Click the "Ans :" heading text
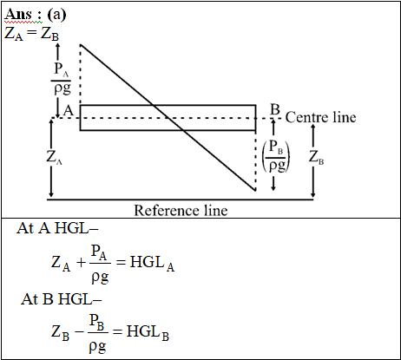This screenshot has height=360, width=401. point(23,14)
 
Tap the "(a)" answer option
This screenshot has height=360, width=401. point(56,14)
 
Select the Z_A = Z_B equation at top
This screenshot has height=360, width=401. point(31,34)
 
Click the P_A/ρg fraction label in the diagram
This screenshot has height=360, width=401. point(62,78)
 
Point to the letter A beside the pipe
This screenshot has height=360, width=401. point(69,110)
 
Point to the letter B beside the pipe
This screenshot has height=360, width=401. point(275,109)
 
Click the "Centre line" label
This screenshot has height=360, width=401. point(320,117)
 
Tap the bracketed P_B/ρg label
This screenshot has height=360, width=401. point(276,156)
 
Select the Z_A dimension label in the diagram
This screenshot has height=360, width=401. point(54,157)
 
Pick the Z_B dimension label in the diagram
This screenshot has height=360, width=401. point(316,157)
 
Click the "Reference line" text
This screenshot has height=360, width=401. point(181,210)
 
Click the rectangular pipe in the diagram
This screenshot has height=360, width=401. point(168,105)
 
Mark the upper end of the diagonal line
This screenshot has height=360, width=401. point(81,45)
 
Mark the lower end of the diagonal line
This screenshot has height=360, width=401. point(255,191)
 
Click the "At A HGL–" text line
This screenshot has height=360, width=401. point(57,228)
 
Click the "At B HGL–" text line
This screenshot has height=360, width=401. point(62,298)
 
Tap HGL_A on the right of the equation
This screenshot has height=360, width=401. point(152,263)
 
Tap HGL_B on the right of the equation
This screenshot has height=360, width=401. point(148,332)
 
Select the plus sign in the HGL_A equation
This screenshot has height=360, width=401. point(82,263)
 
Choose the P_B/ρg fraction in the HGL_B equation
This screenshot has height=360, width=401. point(98,333)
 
